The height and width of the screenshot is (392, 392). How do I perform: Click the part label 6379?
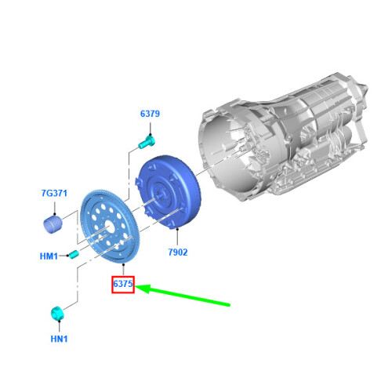pos(150,114)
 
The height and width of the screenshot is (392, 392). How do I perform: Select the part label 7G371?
pos(54,193)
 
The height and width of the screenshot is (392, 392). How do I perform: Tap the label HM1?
pos(49,256)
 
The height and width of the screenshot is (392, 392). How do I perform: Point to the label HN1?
pos(59,339)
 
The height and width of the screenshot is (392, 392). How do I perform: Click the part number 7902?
pos(178,252)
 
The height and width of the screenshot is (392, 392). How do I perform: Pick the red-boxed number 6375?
pos(123,284)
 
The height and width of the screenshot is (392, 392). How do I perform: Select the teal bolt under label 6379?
pos(147,142)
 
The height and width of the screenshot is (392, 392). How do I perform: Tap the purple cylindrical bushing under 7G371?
pos(53,225)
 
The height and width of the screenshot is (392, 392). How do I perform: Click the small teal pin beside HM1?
pos(74,254)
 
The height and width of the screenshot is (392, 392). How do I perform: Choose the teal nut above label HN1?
pos(57,313)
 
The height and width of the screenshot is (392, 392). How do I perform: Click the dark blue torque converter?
pos(169,191)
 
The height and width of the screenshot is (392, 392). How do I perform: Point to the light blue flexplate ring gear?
pos(111,227)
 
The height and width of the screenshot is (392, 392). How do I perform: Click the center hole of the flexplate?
pos(110,227)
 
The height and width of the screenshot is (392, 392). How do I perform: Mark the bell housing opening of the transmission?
pos(224,151)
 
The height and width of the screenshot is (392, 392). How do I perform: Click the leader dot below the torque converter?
pos(177,229)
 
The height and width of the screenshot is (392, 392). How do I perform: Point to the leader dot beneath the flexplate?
pos(123,264)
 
